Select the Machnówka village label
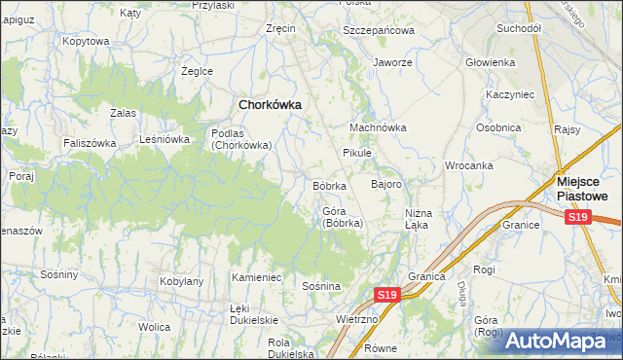[378, 127]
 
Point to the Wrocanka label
[469, 165]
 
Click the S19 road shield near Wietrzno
[387, 294]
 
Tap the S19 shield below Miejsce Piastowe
[579, 218]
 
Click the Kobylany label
[180, 281]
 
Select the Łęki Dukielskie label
[253, 313]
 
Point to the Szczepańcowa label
[379, 30]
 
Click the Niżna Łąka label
[417, 219]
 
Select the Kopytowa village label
[85, 41]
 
